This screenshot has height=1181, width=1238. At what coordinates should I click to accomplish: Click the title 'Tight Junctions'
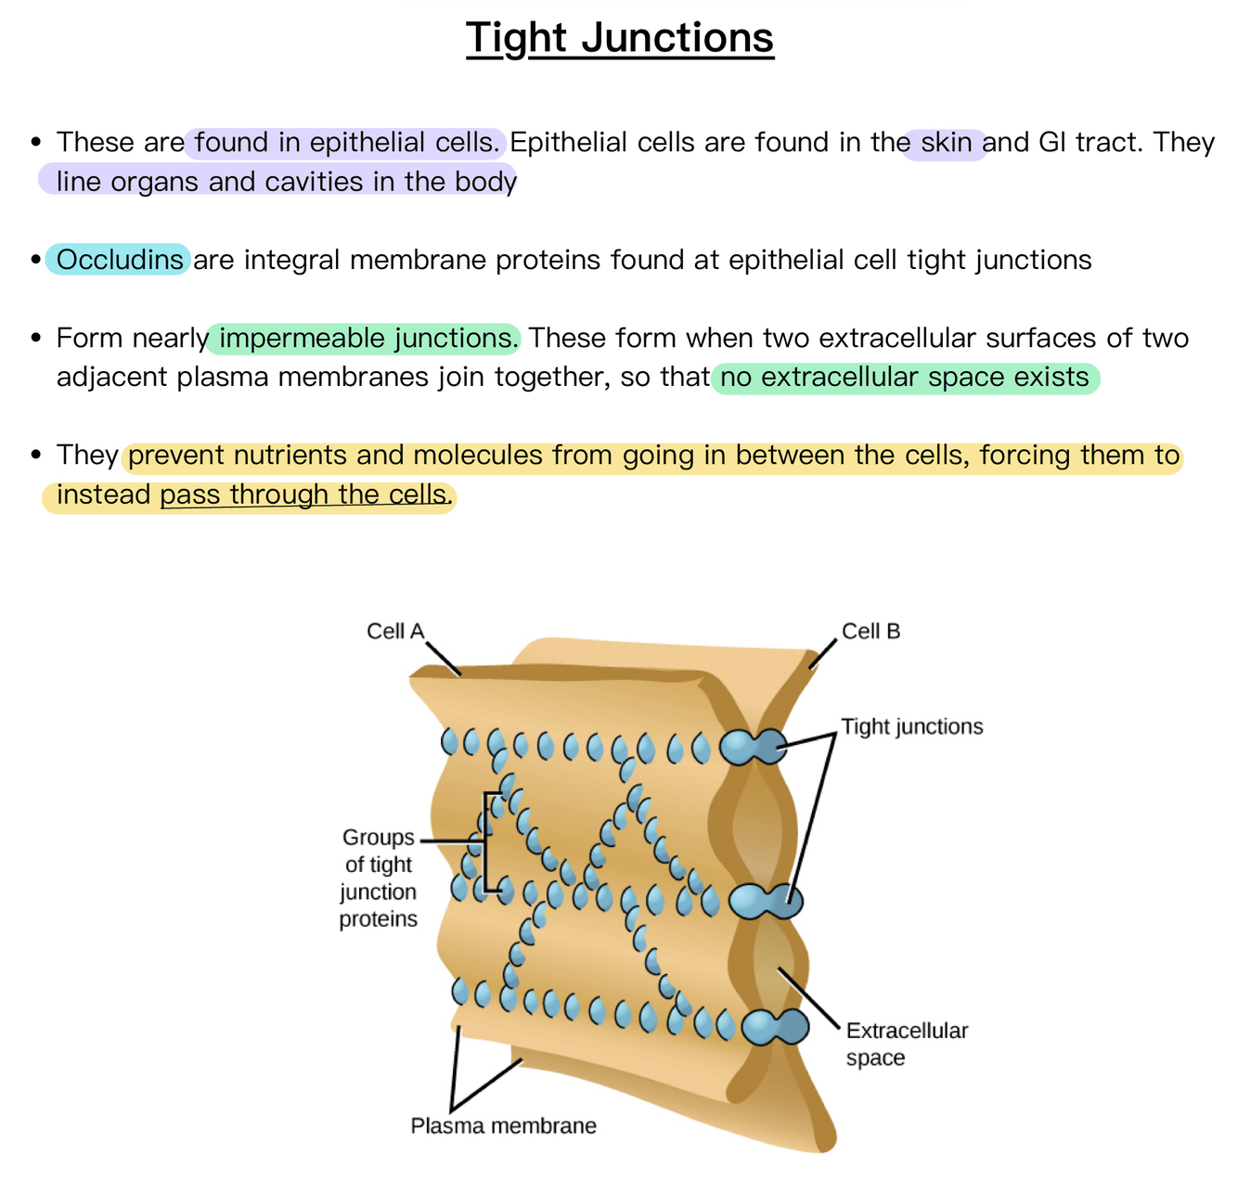point(619,39)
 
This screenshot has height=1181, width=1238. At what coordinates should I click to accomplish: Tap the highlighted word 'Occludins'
point(120,260)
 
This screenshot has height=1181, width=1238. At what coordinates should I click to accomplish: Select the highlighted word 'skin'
point(946,143)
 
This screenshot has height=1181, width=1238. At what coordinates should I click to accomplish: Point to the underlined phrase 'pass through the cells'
point(303,494)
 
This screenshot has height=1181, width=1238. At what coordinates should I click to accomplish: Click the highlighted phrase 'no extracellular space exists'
point(905,378)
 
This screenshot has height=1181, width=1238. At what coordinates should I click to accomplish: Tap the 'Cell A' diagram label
point(395,631)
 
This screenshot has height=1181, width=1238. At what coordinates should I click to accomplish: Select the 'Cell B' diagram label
point(870,631)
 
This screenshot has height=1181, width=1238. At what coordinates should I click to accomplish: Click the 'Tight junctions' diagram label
point(911,726)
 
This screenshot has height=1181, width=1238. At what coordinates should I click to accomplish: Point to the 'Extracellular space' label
point(907,1044)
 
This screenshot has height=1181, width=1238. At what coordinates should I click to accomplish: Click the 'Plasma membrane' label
point(503,1126)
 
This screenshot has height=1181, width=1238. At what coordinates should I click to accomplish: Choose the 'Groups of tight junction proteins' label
point(379,878)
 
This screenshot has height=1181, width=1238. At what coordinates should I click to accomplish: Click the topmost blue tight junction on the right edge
point(754,747)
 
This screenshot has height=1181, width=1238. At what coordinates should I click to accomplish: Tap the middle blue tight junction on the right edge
point(766,901)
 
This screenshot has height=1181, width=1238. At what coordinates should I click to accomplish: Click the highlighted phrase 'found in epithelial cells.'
point(347,143)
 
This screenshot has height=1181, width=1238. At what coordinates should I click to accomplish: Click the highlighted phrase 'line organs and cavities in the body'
point(286,181)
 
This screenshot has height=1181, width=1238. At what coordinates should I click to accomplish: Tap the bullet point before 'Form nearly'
point(36,338)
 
